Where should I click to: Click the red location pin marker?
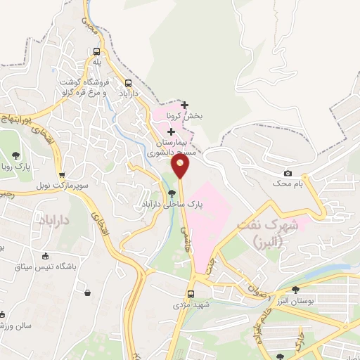coord(181,166)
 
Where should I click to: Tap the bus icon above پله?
coord(96,51)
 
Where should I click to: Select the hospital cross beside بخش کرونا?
coord(184,105)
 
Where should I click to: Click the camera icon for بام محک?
coord(288,174)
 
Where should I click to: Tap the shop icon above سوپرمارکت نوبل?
coord(62,175)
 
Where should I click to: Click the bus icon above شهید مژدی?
coord(191,295)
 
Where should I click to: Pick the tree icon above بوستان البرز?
coord(295,289)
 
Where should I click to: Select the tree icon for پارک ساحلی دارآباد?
coord(172,193)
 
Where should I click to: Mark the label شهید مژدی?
coord(191,306)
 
